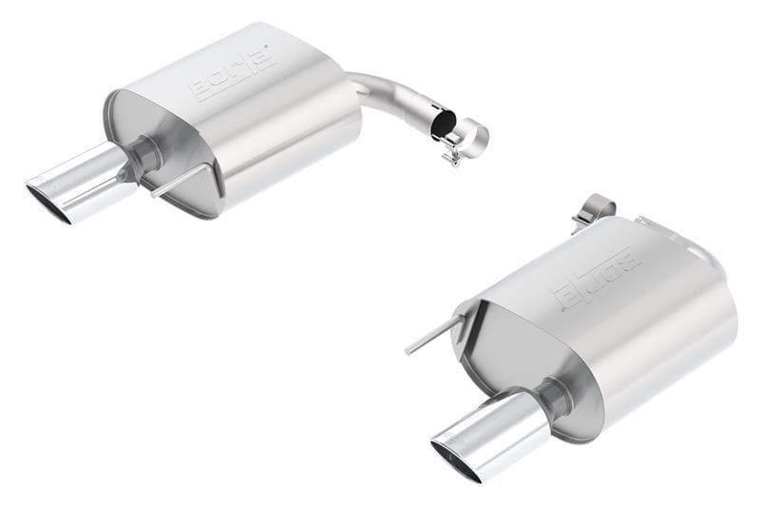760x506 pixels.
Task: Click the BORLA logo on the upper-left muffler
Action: click(x=233, y=71)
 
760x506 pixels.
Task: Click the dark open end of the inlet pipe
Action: click(x=444, y=125)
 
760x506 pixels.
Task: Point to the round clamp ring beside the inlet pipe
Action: click(x=473, y=139)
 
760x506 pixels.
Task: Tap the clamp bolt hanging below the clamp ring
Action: click(x=453, y=155)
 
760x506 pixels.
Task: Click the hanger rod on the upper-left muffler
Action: click(x=180, y=181)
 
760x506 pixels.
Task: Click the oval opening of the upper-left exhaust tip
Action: click(x=47, y=203)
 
